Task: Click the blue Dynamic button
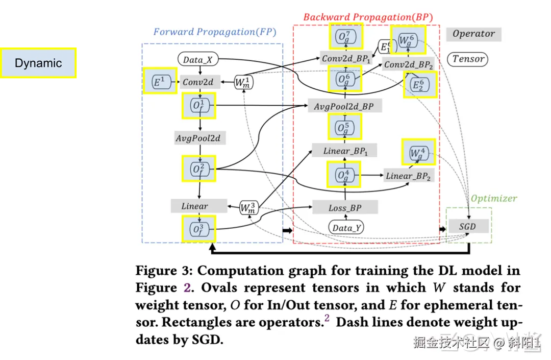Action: tap(38, 63)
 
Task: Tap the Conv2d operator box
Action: tap(198, 82)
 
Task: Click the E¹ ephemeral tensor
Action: tap(159, 82)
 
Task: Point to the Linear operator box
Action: tap(194, 206)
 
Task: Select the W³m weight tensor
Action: tap(249, 207)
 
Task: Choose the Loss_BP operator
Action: tap(344, 208)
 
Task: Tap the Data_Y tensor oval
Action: tap(345, 228)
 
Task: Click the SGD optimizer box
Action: tap(467, 226)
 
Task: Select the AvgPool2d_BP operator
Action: tap(344, 106)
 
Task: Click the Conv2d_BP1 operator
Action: tap(345, 58)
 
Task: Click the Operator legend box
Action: tap(473, 34)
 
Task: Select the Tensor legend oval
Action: tap(468, 59)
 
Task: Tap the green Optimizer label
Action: tap(493, 198)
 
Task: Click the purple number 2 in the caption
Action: tap(187, 287)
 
